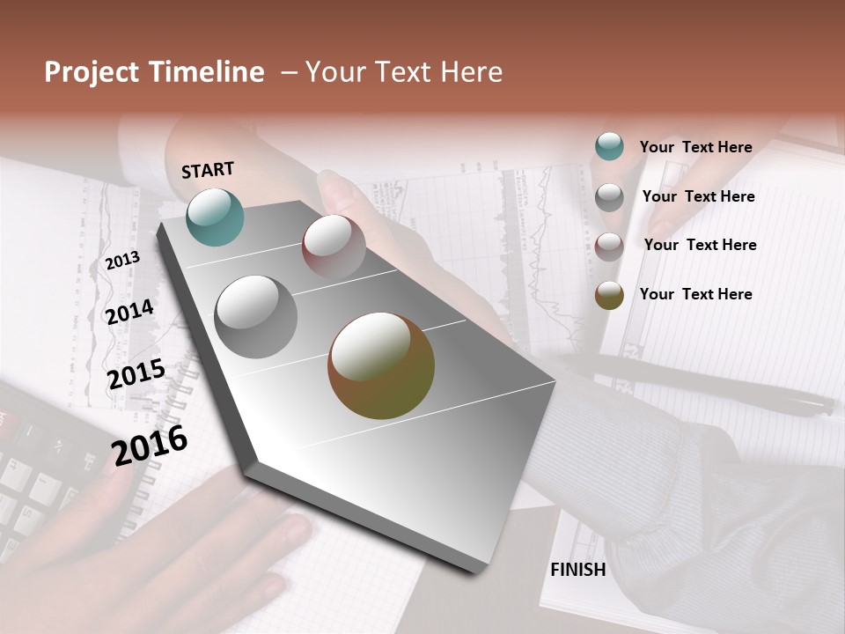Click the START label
tap(208, 170)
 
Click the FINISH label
tap(577, 570)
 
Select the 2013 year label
tap(122, 260)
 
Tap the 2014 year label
tap(129, 312)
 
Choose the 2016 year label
tap(150, 446)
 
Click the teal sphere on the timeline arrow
tap(215, 217)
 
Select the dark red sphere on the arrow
tap(334, 247)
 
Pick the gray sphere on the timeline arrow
tap(255, 316)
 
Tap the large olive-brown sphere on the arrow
tap(380, 365)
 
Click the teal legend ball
tap(609, 146)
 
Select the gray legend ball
tap(609, 196)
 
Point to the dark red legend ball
tap(609, 246)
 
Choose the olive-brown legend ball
tap(609, 295)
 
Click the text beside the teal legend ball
tap(695, 147)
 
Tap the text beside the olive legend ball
tap(695, 294)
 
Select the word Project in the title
tap(92, 72)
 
